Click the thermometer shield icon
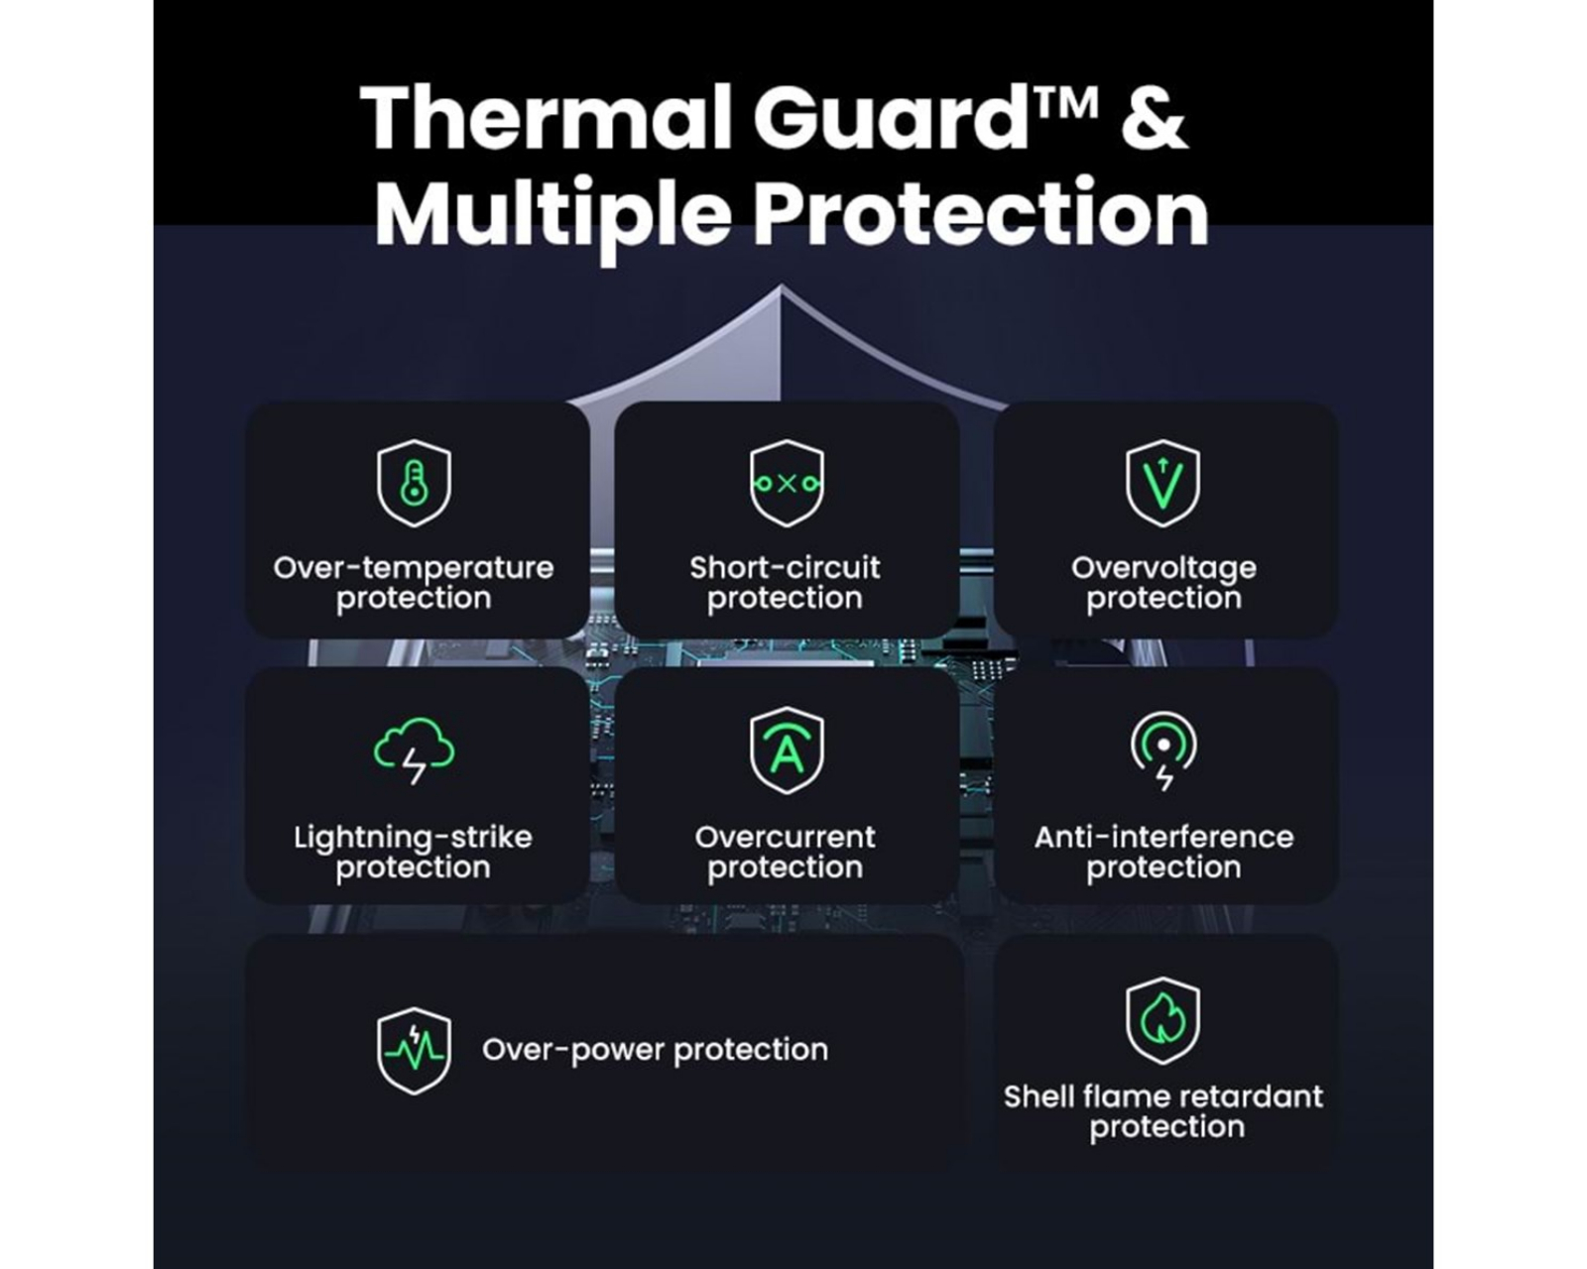coord(414,483)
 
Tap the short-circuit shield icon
coord(787,483)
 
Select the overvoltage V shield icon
coord(1162,483)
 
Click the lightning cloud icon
coord(414,750)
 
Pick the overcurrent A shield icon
coord(787,750)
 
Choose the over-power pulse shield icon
coord(414,1050)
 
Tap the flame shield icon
coord(1162,1020)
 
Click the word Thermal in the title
coord(547,117)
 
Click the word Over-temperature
coord(414,568)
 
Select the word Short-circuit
coord(785,568)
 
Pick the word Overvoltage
coord(1163,568)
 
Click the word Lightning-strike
coord(413,838)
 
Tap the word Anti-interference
coord(1163,838)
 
